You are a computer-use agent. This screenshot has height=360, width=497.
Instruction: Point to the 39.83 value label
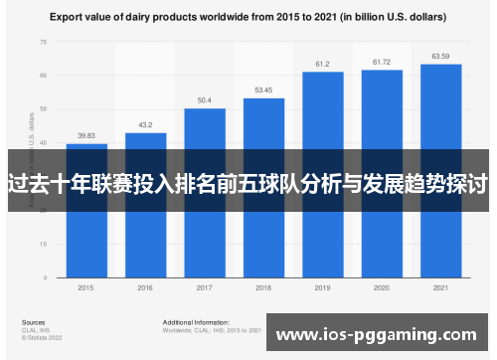click(86, 136)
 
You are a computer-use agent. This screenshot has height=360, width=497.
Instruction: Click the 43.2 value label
click(145, 125)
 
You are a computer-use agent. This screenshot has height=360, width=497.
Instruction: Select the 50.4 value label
click(204, 100)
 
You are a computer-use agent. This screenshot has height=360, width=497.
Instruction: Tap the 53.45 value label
click(262, 90)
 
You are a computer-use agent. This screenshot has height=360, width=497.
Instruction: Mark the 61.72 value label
click(381, 63)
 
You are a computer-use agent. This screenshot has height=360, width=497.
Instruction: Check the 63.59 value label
click(440, 56)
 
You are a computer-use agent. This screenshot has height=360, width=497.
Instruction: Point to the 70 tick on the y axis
click(43, 43)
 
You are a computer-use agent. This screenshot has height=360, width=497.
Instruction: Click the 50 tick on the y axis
click(43, 108)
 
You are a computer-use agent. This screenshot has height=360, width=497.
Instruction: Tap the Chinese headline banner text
click(248, 184)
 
